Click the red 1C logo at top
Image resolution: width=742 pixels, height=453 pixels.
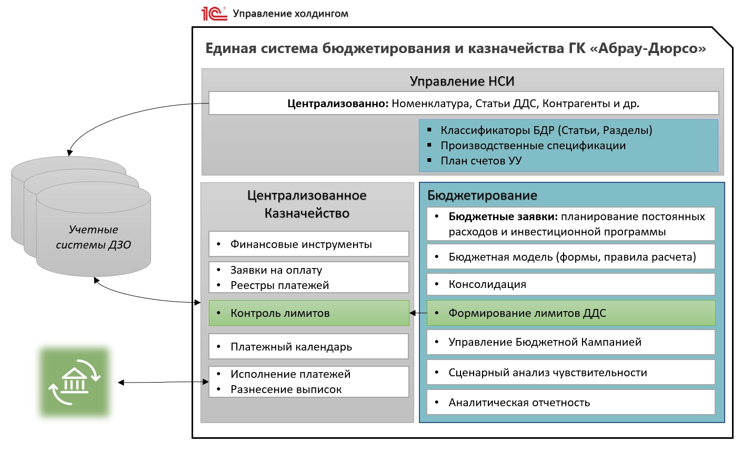[x=214, y=13]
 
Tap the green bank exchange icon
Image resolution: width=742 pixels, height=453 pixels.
[x=74, y=383]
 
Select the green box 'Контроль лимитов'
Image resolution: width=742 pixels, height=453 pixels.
[x=309, y=313]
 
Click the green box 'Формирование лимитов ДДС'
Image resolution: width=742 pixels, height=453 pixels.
[x=570, y=313]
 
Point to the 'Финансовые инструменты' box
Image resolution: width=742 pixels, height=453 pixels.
[x=309, y=244]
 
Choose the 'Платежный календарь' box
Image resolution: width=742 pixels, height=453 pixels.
[x=309, y=347]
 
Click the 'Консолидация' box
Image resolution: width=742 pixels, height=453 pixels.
[x=570, y=284]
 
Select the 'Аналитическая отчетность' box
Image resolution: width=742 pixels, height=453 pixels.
[x=570, y=403]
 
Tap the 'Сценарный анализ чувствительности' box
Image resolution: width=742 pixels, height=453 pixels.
[x=570, y=373]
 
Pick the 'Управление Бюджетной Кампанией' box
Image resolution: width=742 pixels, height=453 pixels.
[x=570, y=342]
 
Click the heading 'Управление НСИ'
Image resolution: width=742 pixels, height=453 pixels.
[x=462, y=81]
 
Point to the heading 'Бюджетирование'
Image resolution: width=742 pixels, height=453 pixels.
[x=482, y=195]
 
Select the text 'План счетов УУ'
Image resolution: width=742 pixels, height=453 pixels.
[x=481, y=161]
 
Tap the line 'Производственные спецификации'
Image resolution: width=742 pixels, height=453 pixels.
[x=533, y=146]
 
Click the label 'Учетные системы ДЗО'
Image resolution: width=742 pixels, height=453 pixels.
[x=94, y=237]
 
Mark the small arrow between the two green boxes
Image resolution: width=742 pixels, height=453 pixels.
[x=418, y=313]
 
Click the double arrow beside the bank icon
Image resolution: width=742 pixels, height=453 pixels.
[x=163, y=383]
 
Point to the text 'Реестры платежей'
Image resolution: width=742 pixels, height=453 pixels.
[x=279, y=285]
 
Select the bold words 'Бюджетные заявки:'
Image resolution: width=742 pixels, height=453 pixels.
[x=503, y=217]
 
